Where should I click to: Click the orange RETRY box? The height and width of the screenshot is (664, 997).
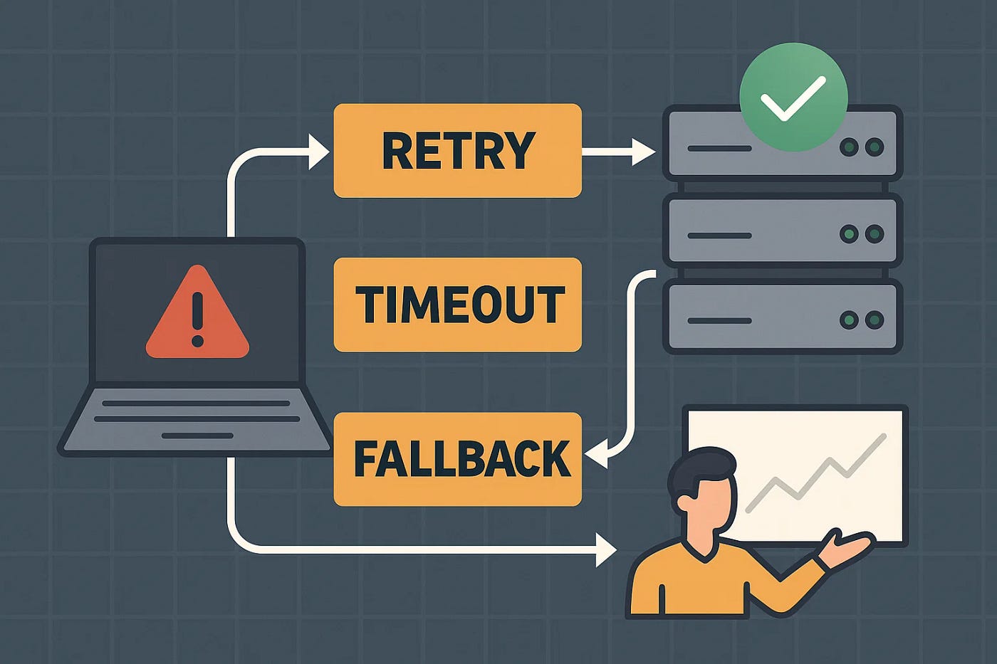[457, 151]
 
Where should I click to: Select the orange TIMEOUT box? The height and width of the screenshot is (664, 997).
[457, 305]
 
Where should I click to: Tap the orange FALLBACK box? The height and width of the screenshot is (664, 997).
[457, 459]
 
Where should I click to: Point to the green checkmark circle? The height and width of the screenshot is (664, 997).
[793, 97]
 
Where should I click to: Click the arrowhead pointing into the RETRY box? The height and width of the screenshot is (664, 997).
[319, 151]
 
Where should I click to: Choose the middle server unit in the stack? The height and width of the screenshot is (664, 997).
[782, 232]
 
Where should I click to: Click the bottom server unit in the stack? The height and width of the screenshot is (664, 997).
[782, 317]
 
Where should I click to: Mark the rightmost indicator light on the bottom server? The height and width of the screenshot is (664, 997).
[875, 320]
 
